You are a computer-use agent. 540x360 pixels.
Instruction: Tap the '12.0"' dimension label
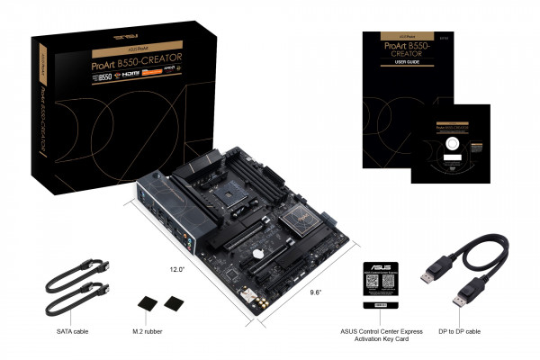176,269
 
